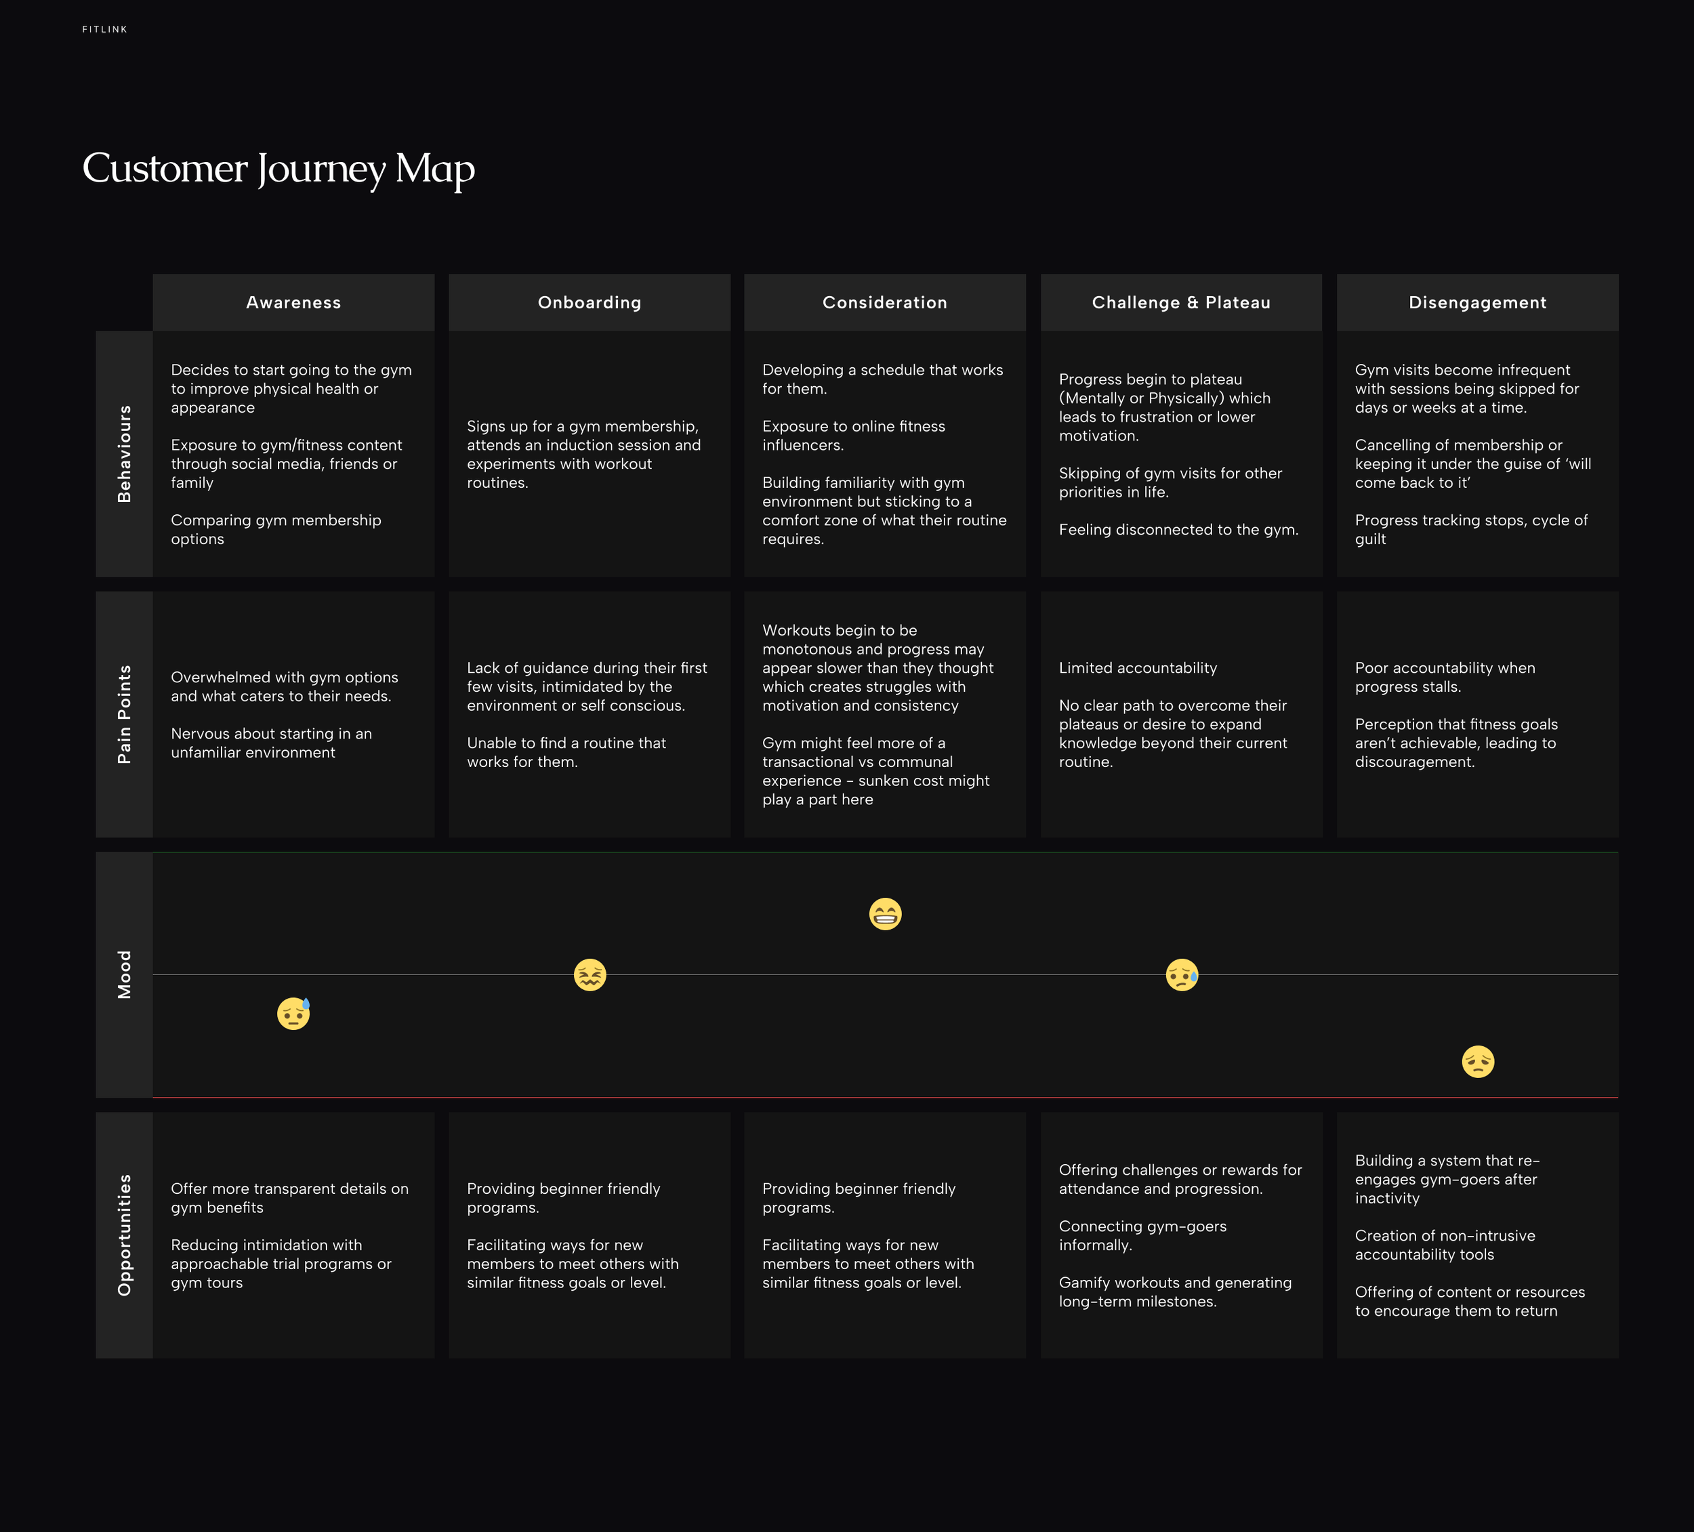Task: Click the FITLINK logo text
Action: [105, 29]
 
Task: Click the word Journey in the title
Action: [321, 169]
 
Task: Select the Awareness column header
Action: [293, 302]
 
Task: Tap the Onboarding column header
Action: [589, 302]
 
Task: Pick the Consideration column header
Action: [885, 302]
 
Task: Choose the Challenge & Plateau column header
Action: [1180, 302]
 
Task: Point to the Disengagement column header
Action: [1477, 302]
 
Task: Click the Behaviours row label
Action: [125, 454]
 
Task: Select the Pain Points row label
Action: [125, 714]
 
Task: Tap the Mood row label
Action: [125, 975]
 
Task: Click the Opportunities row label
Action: [125, 1235]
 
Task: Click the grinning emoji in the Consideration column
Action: [885, 913]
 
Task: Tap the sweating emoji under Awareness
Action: [293, 1014]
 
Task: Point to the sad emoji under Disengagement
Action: [1477, 1061]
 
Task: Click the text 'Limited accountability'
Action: [1138, 668]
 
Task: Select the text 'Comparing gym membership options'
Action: [276, 529]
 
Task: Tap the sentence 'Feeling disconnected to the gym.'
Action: [1178, 529]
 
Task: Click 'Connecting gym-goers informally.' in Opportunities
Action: [1142, 1235]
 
